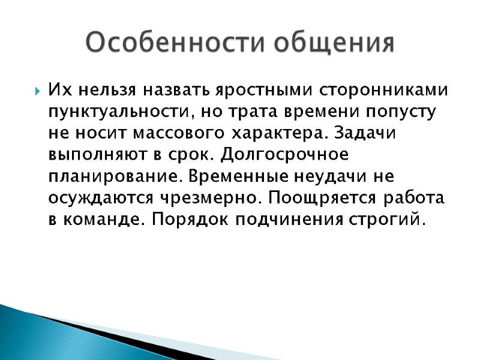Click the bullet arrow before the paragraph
click(38, 92)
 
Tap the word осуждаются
click(94, 198)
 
